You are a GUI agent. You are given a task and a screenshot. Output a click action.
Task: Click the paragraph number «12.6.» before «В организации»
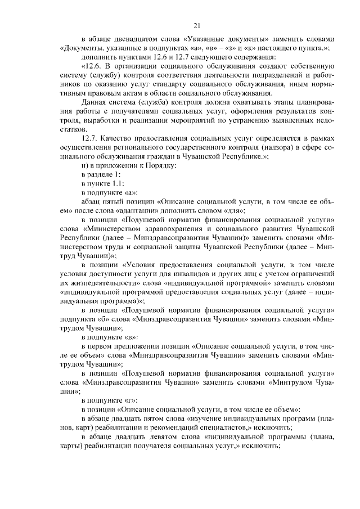point(93,66)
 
